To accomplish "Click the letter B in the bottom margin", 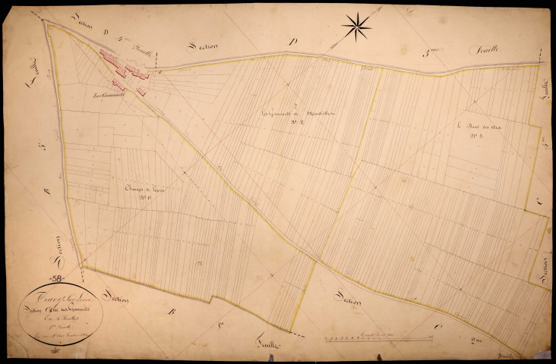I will (174, 311).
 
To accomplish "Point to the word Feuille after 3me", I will (463, 52).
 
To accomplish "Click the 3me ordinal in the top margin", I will (432, 52).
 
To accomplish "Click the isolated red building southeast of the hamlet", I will (141, 91).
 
